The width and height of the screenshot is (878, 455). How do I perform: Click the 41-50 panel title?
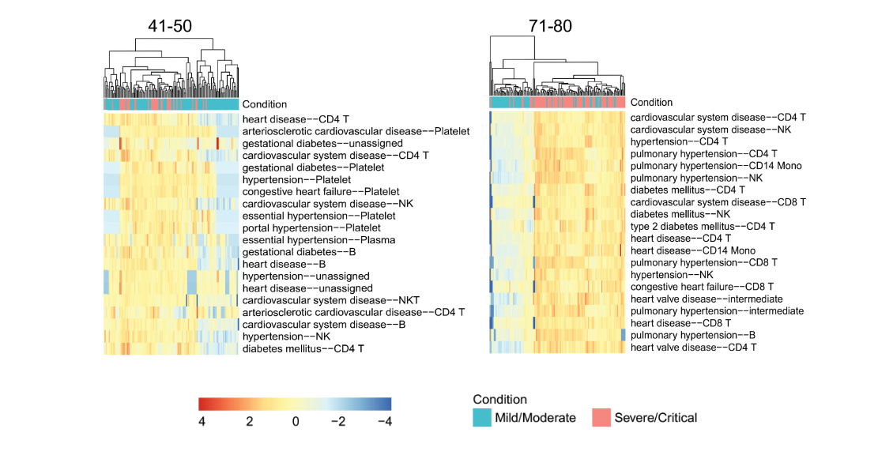click(x=170, y=26)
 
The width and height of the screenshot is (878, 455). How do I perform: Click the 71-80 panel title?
click(x=551, y=26)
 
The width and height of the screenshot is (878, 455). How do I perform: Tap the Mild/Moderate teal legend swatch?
click(x=482, y=418)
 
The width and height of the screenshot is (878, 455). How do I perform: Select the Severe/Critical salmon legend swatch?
click(x=601, y=418)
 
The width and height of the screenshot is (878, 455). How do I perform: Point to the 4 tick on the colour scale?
click(x=202, y=421)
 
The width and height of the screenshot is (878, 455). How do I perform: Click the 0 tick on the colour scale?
click(x=295, y=421)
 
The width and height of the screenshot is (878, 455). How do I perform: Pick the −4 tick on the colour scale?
click(x=385, y=421)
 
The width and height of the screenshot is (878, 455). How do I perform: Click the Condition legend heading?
click(x=500, y=399)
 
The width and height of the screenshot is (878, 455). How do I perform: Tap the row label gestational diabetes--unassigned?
click(x=322, y=143)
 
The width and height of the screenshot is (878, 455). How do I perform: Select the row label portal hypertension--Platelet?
click(x=311, y=227)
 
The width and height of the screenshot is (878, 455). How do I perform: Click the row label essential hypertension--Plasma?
click(x=318, y=240)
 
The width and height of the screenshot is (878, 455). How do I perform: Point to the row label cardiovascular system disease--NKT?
click(x=331, y=300)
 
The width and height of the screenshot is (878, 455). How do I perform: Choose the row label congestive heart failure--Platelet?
click(x=321, y=191)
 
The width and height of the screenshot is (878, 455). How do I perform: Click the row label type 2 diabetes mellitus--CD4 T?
click(x=703, y=226)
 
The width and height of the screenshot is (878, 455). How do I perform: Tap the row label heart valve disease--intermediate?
click(x=707, y=299)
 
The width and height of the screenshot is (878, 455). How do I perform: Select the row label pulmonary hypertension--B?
click(x=692, y=335)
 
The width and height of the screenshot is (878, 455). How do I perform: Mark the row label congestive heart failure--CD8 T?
click(x=703, y=287)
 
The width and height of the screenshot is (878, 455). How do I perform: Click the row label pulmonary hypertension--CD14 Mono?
click(x=716, y=166)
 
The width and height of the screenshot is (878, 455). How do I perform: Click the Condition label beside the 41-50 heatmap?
click(x=264, y=104)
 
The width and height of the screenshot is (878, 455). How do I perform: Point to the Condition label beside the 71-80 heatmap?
click(x=651, y=103)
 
